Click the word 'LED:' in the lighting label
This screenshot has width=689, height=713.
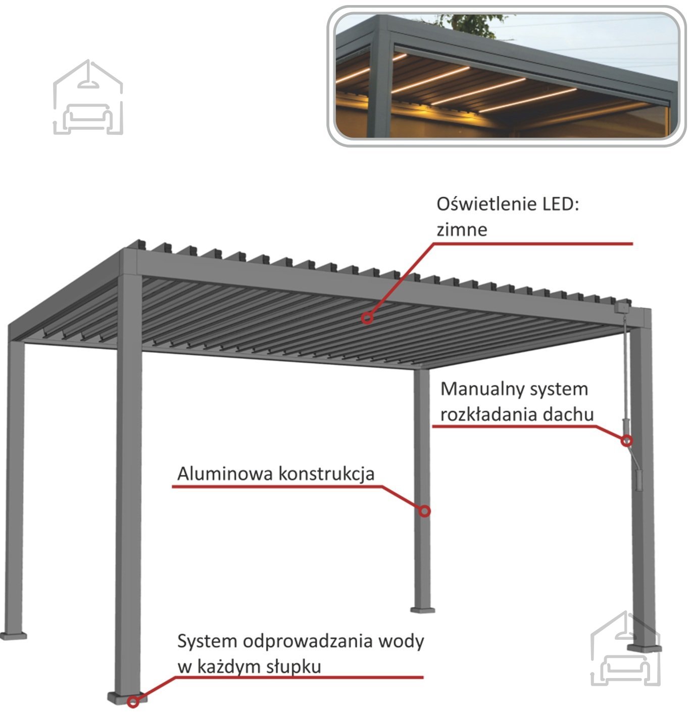click(561, 205)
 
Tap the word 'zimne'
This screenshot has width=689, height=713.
click(462, 230)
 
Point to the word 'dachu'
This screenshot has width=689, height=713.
click(568, 414)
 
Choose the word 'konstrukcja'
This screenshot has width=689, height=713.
click(327, 474)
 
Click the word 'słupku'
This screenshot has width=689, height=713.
click(294, 667)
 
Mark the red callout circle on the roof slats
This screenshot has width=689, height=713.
click(367, 318)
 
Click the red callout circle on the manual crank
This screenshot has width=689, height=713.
click(626, 441)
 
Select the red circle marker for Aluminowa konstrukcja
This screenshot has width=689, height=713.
click(425, 511)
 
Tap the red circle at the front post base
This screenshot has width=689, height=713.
click(132, 701)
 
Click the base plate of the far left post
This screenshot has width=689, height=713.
click(13, 635)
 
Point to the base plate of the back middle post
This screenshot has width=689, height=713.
click(422, 609)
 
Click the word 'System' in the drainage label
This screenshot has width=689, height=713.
click(207, 642)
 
